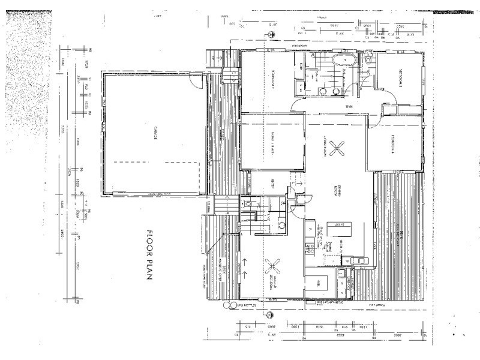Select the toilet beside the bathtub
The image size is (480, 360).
coord(368,59)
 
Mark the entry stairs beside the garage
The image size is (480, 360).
coord(223,206)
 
